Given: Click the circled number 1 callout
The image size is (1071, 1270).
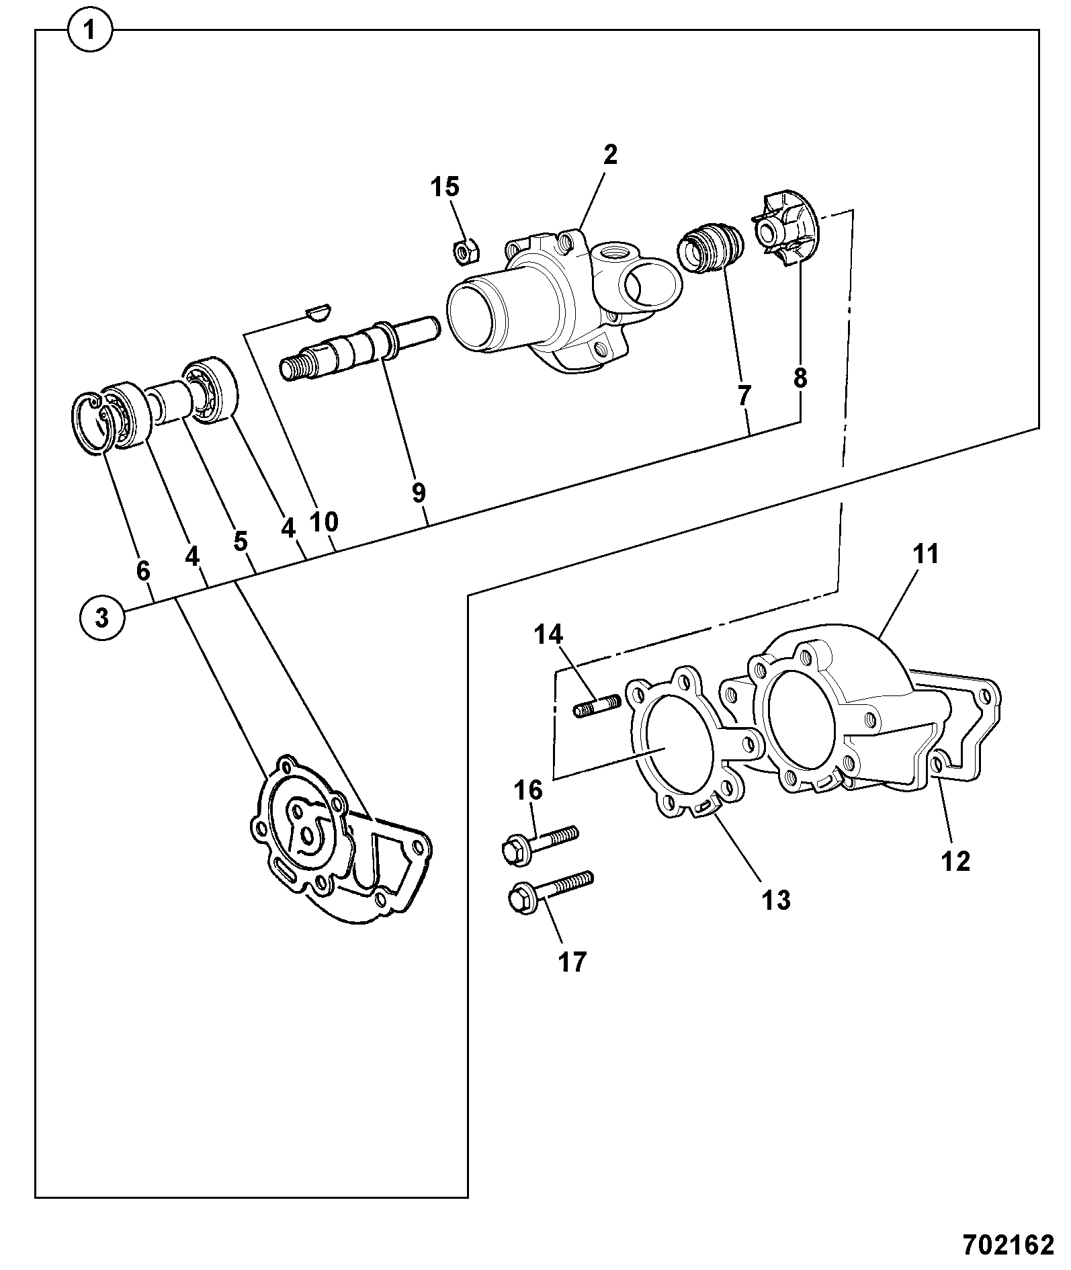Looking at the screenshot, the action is point(91,30).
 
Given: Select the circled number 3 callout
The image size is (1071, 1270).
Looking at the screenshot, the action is point(101,617).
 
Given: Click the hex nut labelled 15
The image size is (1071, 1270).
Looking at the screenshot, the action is point(463,251).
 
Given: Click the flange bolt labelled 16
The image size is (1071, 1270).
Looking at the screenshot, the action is point(539,843).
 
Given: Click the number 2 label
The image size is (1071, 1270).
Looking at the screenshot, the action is point(609,155).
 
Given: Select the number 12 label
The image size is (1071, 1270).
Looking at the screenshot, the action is point(956,861).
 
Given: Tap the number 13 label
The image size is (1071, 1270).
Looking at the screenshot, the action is point(775,899).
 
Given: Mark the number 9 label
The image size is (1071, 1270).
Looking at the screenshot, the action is point(419,493).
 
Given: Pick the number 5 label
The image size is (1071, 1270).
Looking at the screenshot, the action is point(240,541).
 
